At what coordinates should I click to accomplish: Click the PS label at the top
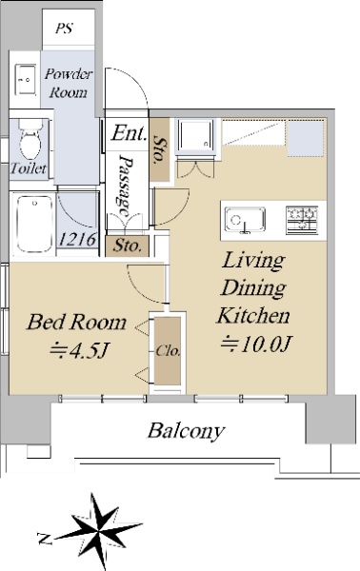click(x=64, y=29)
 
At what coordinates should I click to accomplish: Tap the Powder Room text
click(x=69, y=83)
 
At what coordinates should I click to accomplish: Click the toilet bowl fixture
click(x=30, y=142)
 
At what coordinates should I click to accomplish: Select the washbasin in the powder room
click(x=25, y=80)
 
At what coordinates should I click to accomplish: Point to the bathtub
click(x=34, y=224)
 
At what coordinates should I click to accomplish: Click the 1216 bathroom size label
click(x=77, y=239)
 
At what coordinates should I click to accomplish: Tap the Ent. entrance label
click(x=130, y=133)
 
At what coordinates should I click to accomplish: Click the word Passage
click(x=127, y=186)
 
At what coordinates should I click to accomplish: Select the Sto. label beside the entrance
click(x=160, y=149)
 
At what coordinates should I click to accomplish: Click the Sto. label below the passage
click(x=127, y=246)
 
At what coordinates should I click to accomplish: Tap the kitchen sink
click(x=245, y=220)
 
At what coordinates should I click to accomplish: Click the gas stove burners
click(x=302, y=220)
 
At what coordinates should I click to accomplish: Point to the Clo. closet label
click(x=168, y=351)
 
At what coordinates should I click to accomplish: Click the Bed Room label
click(x=76, y=323)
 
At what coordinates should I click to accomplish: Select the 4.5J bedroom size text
click(x=79, y=350)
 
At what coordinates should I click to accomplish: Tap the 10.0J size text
click(x=256, y=344)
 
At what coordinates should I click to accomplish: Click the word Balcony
click(x=186, y=431)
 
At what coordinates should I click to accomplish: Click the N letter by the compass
click(x=45, y=539)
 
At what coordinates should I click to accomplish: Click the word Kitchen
click(x=253, y=315)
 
